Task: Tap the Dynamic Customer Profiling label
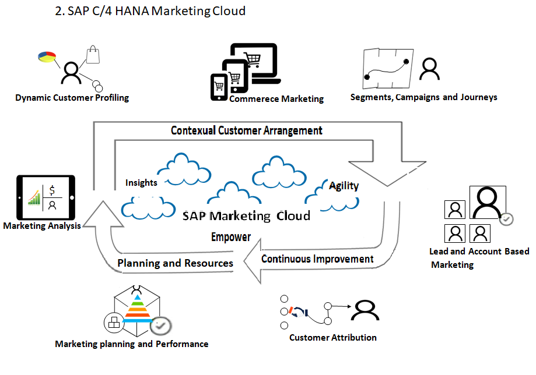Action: [72, 97]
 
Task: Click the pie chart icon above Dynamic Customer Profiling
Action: [46, 56]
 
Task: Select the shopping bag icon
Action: [94, 55]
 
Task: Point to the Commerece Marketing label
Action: [276, 99]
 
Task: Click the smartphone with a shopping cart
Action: [219, 88]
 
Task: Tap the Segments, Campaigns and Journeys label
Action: [423, 97]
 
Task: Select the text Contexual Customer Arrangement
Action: [247, 130]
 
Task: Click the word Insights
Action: [141, 182]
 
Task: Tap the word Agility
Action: [344, 186]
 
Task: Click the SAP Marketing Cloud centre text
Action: [246, 216]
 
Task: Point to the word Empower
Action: [231, 237]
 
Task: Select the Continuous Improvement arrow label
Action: [317, 259]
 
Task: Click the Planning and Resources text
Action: [175, 263]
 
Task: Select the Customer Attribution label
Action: [333, 337]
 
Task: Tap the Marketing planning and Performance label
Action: [132, 344]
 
